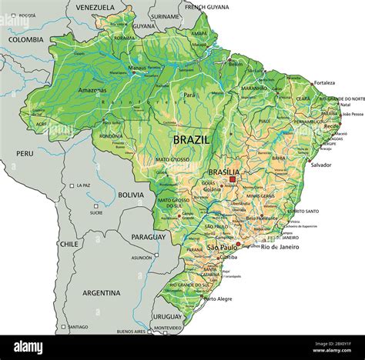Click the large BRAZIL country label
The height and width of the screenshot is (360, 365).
(x=192, y=140)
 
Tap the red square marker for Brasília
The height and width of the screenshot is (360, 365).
(x=233, y=179)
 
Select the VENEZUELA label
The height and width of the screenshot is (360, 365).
(x=95, y=7)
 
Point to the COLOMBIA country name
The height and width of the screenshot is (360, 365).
(x=26, y=39)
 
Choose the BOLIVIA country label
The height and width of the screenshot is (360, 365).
(x=132, y=195)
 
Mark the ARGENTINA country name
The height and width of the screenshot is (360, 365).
(x=102, y=293)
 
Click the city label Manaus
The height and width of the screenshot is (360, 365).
(x=137, y=68)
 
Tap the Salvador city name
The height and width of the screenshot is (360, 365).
(x=320, y=165)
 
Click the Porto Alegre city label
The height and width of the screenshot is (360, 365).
(x=218, y=299)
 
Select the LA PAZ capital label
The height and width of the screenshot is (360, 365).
(x=82, y=185)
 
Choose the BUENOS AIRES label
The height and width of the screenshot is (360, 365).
(x=131, y=332)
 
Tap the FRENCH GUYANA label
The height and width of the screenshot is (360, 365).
(x=206, y=7)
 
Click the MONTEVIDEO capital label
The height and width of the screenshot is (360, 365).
(x=169, y=328)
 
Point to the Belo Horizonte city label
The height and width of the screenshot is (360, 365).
(x=261, y=218)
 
